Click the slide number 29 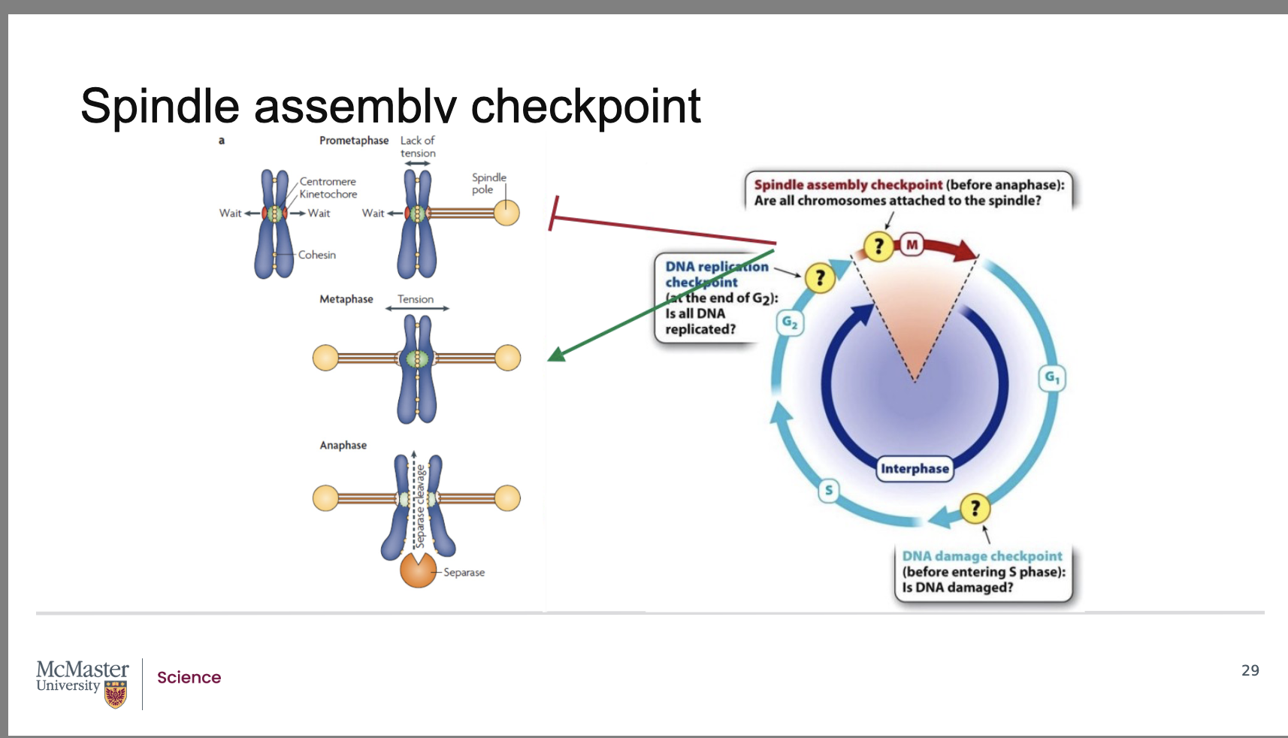[x=1250, y=670]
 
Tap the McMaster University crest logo [x=115, y=694]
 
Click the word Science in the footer [x=189, y=678]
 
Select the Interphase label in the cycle [x=915, y=469]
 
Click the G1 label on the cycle [x=1052, y=377]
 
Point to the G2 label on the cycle [x=790, y=323]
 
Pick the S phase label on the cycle [x=829, y=491]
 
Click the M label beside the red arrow [x=912, y=245]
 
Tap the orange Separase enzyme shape [x=418, y=570]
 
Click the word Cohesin [x=316, y=256]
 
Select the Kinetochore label [x=328, y=195]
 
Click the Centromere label [x=328, y=182]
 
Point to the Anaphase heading [x=343, y=446]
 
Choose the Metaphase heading [x=346, y=299]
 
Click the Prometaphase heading [x=354, y=141]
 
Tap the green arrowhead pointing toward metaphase [x=557, y=354]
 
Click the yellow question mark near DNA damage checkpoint [x=975, y=508]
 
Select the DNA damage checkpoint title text [x=982, y=556]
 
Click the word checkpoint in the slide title [x=585, y=107]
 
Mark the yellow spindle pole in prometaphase [x=506, y=213]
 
